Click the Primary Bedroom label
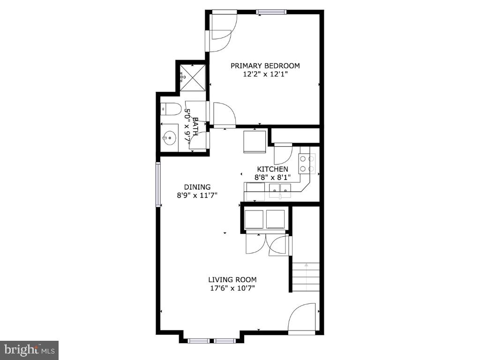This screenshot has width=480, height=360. pyautogui.click(x=265, y=66)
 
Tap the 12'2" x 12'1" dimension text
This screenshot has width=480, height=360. pyautogui.click(x=265, y=74)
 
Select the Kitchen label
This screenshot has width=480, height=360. pyautogui.click(x=272, y=169)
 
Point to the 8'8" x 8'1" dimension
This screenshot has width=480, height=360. pyautogui.click(x=272, y=177)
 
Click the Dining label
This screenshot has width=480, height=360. pyautogui.click(x=197, y=187)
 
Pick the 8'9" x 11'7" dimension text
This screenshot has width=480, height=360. pyautogui.click(x=197, y=195)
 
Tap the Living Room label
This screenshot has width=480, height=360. pyautogui.click(x=232, y=280)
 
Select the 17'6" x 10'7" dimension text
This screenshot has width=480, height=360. pyautogui.click(x=232, y=288)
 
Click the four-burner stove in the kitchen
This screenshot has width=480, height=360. pyautogui.click(x=307, y=164)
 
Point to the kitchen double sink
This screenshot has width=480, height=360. pyautogui.click(x=280, y=189)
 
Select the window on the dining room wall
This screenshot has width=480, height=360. pyautogui.click(x=158, y=184)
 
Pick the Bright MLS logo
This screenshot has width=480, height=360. pyautogui.click(x=29, y=350)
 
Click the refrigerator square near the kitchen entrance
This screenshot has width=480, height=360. pyautogui.click(x=255, y=141)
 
